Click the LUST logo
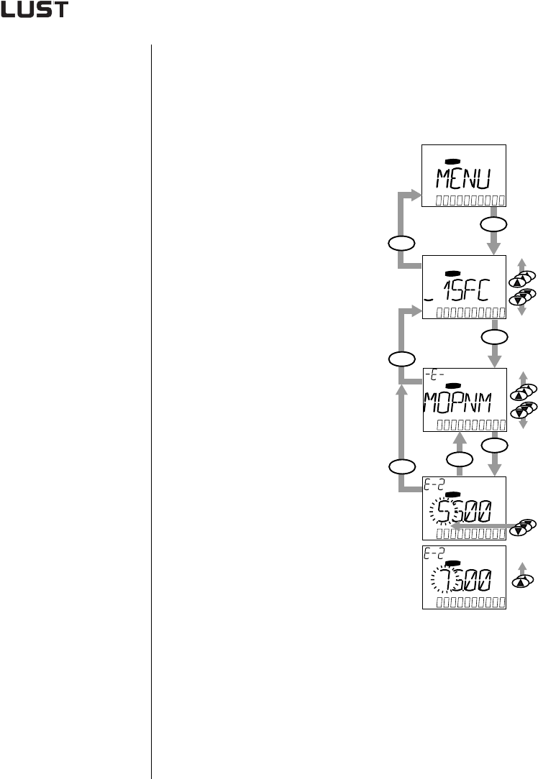pos(35,12)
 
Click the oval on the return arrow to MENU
pos(400,242)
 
